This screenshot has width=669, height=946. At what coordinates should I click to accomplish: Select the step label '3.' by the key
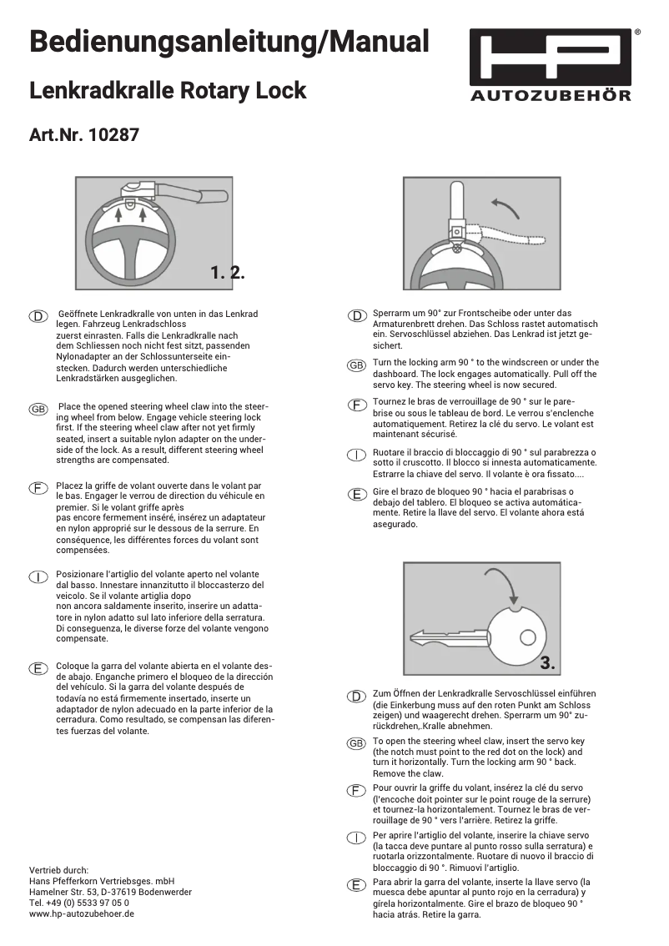(548, 663)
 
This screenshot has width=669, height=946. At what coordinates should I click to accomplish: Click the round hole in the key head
(527, 637)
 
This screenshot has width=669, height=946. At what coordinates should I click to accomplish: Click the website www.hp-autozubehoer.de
(82, 913)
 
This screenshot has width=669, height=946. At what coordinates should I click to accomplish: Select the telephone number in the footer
(79, 903)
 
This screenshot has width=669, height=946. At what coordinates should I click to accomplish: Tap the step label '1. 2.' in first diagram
(227, 272)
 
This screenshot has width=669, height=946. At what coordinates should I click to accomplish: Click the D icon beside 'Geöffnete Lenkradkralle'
(38, 316)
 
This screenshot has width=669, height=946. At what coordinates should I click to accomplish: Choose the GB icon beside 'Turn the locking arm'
(355, 365)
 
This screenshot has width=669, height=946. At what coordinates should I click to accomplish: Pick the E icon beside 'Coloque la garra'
(38, 668)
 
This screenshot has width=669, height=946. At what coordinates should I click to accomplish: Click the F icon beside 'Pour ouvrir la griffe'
(355, 789)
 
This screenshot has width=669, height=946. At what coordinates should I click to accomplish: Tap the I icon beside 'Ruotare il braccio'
(355, 454)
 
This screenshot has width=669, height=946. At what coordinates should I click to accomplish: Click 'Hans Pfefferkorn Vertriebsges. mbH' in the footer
(101, 881)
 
